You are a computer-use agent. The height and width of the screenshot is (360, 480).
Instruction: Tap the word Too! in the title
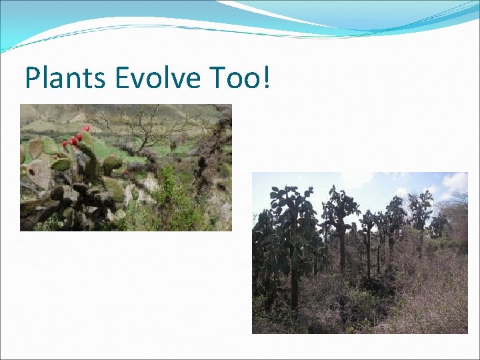click(239, 78)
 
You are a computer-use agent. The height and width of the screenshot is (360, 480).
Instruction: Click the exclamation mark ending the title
click(267, 78)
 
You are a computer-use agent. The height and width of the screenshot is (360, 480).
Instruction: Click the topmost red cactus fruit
click(86, 128)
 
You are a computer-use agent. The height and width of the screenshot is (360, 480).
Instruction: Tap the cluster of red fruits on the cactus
click(75, 139)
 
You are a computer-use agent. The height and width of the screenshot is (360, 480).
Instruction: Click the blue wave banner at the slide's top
click(240, 17)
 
